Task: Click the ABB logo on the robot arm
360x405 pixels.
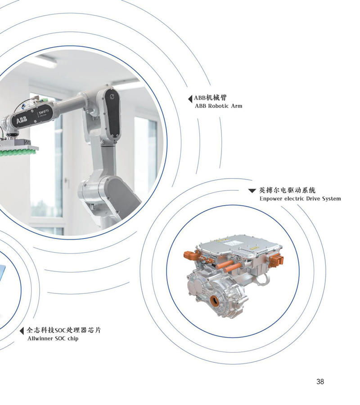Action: pos(22,120)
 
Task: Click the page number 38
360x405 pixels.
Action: pos(320,381)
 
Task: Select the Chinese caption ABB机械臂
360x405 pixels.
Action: pos(210,98)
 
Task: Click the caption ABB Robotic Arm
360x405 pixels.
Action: pos(219,106)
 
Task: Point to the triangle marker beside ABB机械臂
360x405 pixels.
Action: pos(190,99)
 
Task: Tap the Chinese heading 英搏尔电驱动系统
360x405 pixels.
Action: pos(287,190)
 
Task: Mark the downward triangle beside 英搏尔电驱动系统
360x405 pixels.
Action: pos(252,191)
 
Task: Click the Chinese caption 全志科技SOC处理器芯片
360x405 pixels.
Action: pos(64,330)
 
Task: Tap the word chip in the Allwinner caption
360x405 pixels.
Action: pos(73,338)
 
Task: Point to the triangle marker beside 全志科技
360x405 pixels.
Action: pos(22,331)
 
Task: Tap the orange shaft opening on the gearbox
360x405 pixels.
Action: pos(214,301)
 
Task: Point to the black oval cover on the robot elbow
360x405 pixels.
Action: pos(112,115)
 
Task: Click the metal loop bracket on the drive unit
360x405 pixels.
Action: pos(263,279)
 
